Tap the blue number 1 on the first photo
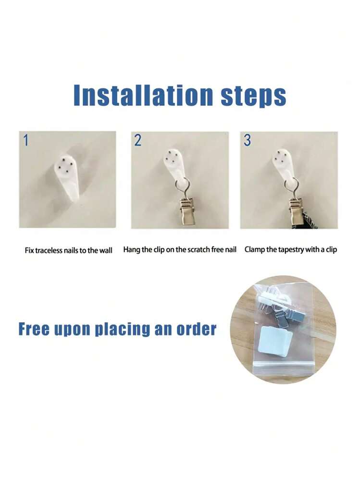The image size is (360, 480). click(x=26, y=140)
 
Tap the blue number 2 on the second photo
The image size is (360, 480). click(x=138, y=140)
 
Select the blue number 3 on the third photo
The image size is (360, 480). click(x=248, y=140)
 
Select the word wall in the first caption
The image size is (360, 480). click(x=106, y=250)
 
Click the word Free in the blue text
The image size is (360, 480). click(x=34, y=329)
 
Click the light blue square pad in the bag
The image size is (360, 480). click(x=273, y=341)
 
